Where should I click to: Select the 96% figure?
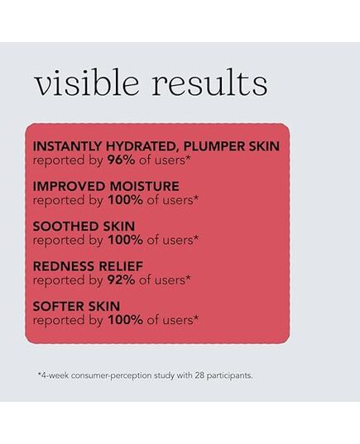pyautogui.click(x=121, y=160)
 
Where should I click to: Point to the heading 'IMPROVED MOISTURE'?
pyautogui.click(x=106, y=186)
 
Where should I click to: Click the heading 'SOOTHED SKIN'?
pyautogui.click(x=84, y=226)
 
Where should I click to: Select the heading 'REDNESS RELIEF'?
pyautogui.click(x=88, y=266)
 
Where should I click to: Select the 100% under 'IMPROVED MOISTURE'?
pyautogui.click(x=125, y=200)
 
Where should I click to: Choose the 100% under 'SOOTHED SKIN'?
pyautogui.click(x=125, y=240)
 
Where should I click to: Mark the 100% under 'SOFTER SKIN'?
pyautogui.click(x=125, y=320)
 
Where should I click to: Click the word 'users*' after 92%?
pyautogui.click(x=173, y=280)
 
